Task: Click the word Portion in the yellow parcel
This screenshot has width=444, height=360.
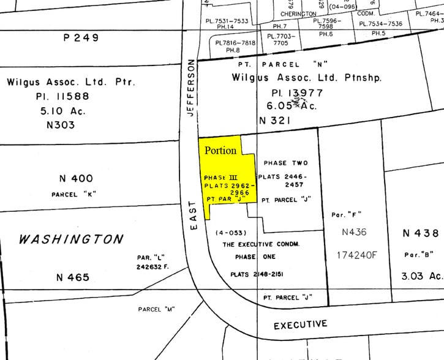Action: tap(220, 151)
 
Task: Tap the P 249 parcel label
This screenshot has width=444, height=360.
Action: tap(81, 37)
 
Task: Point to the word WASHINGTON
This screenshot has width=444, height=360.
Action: tap(71, 239)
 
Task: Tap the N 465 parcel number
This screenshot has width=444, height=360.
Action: tap(72, 277)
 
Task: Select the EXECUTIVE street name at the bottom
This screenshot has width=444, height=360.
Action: tap(300, 324)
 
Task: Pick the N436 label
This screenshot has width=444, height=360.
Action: tap(355, 233)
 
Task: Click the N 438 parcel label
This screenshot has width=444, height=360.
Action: tap(421, 233)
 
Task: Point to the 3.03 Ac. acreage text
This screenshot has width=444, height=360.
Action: tap(421, 276)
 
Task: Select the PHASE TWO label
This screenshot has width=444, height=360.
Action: tap(285, 163)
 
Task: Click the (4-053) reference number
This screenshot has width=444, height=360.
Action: tap(230, 233)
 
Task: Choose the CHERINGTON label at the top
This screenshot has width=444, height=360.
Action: tap(298, 13)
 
